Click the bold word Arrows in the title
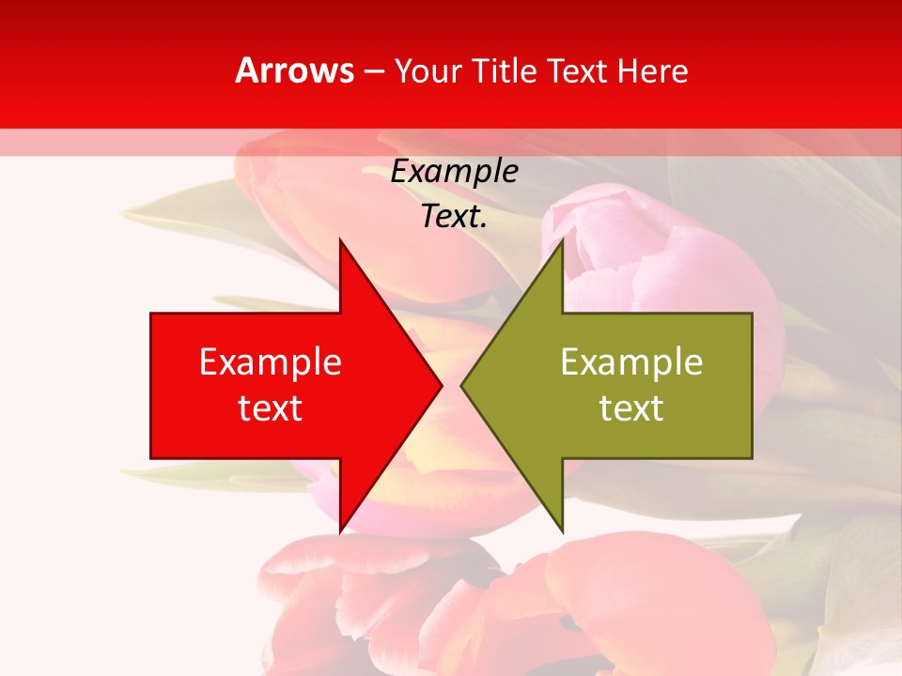coord(294,71)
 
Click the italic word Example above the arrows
coord(454,172)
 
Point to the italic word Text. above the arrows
coord(454,217)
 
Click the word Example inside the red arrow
coord(271,362)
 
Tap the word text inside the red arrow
coord(271,409)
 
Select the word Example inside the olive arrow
coord(631,362)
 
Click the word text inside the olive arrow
coord(631,409)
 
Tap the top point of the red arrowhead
coord(341,241)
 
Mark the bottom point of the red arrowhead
coord(341,530)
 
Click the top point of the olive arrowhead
coord(562,241)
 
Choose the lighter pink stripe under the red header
coord(451,143)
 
